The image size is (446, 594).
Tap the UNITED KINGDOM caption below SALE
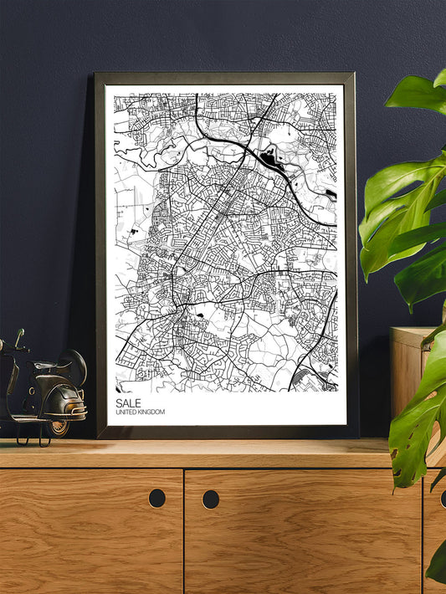140,412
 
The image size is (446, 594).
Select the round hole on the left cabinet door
156,498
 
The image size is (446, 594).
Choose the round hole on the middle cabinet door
210,499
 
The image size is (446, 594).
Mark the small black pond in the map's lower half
201,315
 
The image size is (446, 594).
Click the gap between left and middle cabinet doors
183,527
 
